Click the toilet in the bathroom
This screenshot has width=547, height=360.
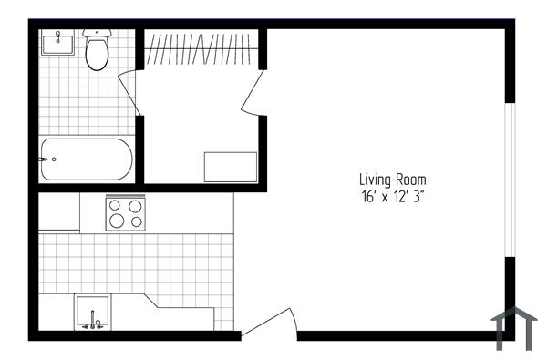[97, 53]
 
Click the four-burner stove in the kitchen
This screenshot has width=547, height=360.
[126, 213]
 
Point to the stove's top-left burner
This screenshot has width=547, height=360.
[117, 205]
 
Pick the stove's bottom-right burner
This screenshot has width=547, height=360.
[136, 221]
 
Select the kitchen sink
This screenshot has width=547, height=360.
[93, 311]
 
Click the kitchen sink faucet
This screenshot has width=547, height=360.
[93, 322]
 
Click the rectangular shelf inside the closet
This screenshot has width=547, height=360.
[231, 167]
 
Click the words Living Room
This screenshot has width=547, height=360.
[392, 180]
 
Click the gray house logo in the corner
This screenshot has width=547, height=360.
[515, 327]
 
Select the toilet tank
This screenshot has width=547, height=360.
[97, 33]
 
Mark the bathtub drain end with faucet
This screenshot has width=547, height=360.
[47, 159]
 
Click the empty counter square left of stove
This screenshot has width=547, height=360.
[59, 213]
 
